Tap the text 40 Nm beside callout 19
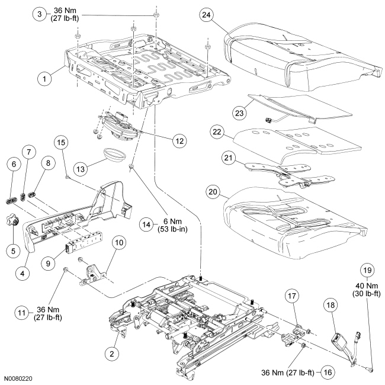click(x=366, y=284)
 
